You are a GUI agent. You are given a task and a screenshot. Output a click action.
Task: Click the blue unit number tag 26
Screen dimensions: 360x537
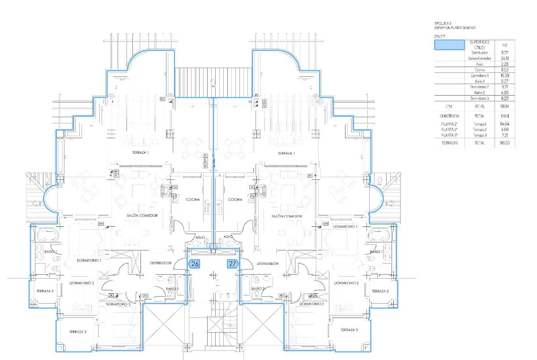click(x=195, y=264)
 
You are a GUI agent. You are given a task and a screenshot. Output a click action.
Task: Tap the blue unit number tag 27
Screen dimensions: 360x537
click(x=232, y=264)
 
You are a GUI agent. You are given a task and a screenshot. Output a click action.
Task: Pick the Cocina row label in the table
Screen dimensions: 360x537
click(x=480, y=70)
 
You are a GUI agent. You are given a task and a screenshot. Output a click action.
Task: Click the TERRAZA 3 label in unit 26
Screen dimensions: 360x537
click(x=77, y=332)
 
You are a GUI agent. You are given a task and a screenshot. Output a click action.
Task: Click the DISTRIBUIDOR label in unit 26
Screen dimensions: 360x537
click(x=160, y=263)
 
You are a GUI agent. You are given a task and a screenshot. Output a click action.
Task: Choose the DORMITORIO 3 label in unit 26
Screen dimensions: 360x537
click(x=118, y=304)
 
